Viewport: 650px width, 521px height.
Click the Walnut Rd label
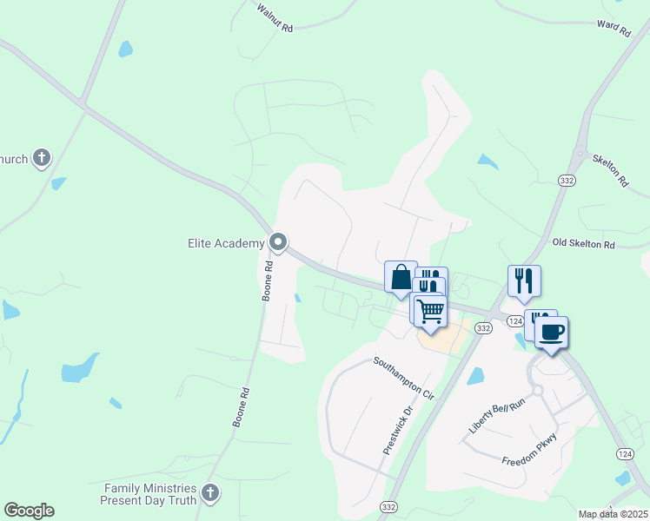[275, 17]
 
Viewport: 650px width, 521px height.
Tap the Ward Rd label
[614, 29]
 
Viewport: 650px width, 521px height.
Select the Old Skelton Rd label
[583, 244]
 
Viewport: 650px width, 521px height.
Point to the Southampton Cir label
[403, 377]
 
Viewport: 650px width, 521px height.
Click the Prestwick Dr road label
[396, 432]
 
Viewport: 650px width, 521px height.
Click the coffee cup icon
[551, 332]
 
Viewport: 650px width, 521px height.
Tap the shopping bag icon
[401, 277]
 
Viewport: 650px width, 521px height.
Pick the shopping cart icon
[431, 310]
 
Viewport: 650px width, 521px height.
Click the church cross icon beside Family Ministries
[209, 494]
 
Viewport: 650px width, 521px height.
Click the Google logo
[29, 511]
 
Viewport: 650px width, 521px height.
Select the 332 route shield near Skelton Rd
[567, 180]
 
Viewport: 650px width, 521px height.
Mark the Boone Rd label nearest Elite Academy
[268, 283]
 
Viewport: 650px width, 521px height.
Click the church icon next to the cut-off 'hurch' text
[41, 158]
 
